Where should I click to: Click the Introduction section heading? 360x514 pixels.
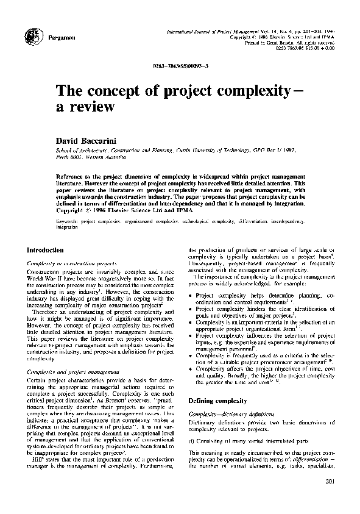tap(45, 249)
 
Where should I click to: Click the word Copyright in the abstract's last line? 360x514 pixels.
tap(69, 215)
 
